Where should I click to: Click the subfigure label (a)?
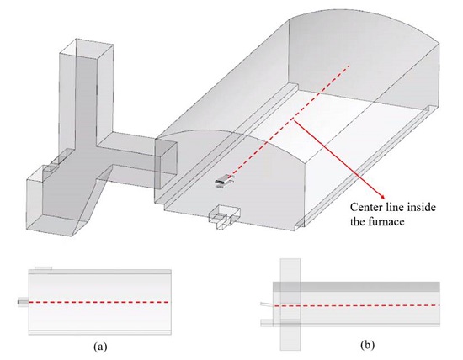point(100,346)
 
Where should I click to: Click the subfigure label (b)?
point(367,345)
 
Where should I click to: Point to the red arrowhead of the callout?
point(383,197)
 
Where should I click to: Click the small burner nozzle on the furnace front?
point(223,183)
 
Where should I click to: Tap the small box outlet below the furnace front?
point(225,217)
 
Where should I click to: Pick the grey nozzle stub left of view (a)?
point(23,302)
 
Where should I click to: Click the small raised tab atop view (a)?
point(44,268)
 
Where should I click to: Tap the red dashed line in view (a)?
point(98,302)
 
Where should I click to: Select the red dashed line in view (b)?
point(357,305)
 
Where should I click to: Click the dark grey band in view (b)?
point(356,287)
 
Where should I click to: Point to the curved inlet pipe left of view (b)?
point(268,304)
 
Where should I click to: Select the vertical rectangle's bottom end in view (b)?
point(290,349)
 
